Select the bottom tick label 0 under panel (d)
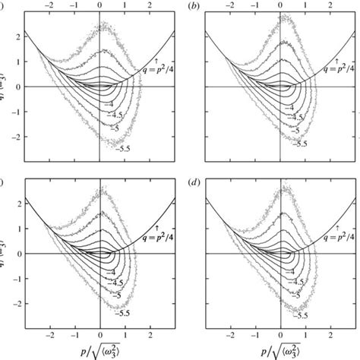pyautogui.click(x=280, y=333)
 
